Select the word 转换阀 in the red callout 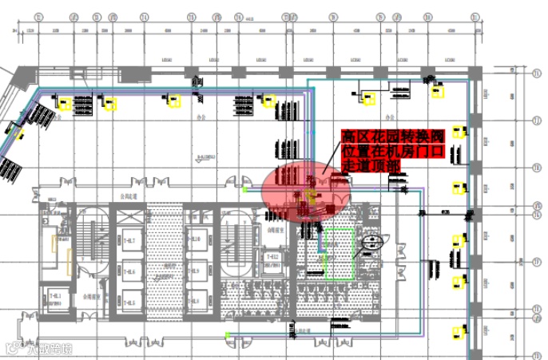pyautogui.click(x=423, y=136)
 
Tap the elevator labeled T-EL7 pyautogui.click(x=128, y=241)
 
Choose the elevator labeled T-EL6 pyautogui.click(x=128, y=272)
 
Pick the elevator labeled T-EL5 pyautogui.click(x=128, y=303)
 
